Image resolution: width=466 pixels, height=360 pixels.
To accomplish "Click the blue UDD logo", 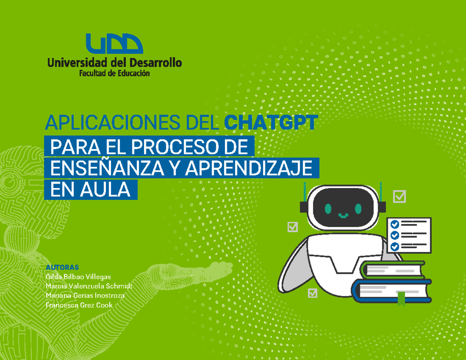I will pyautogui.click(x=114, y=44).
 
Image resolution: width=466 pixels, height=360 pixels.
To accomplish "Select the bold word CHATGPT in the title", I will pyautogui.click(x=271, y=123).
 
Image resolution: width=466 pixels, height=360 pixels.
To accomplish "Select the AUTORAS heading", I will pyautogui.click(x=63, y=267).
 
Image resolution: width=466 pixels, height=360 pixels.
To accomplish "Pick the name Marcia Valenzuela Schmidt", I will pyautogui.click(x=89, y=286).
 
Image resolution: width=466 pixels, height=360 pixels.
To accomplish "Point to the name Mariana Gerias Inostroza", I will pyautogui.click(x=85, y=296).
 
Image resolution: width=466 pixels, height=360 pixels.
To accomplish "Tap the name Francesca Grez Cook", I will pyautogui.click(x=79, y=305).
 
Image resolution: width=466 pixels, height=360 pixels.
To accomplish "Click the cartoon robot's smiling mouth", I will pyautogui.click(x=343, y=215).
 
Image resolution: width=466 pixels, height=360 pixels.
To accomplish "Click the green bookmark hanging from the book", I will pyautogui.click(x=401, y=299).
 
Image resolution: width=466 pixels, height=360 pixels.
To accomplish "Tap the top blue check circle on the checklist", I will pyautogui.click(x=395, y=224).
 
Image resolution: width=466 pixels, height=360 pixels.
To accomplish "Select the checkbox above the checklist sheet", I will pyautogui.click(x=399, y=197).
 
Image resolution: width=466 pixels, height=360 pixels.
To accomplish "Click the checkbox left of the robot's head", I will pyautogui.click(x=292, y=226).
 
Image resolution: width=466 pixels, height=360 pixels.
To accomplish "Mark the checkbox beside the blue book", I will pyautogui.click(x=312, y=293).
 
